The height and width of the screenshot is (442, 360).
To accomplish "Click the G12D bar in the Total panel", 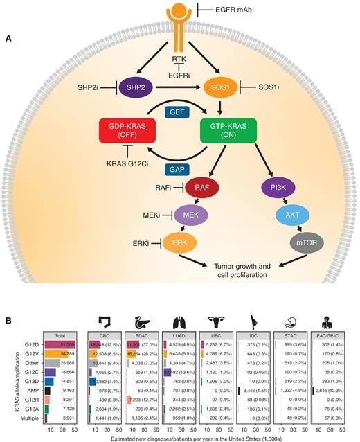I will point(60,344).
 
